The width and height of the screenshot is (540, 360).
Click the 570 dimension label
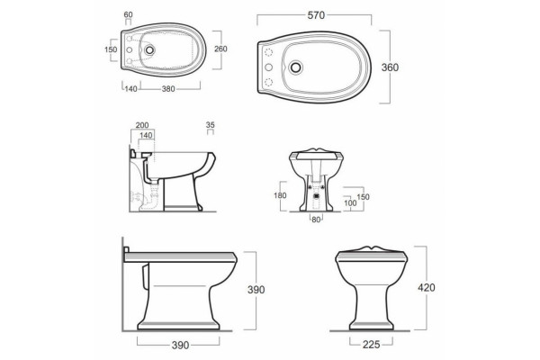[x=316, y=15]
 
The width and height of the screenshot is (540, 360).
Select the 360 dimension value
[x=390, y=67]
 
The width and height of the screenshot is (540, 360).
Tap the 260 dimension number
[x=220, y=49]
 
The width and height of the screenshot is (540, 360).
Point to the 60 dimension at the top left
[x=128, y=14]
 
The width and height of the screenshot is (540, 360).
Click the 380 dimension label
[x=168, y=89]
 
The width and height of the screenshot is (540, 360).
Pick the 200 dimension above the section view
[x=142, y=125]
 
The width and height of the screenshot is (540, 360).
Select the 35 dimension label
[x=210, y=125]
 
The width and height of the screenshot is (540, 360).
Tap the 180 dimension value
[x=280, y=195]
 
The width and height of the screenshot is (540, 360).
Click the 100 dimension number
[x=350, y=203]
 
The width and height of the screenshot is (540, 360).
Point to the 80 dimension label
[x=316, y=220]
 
